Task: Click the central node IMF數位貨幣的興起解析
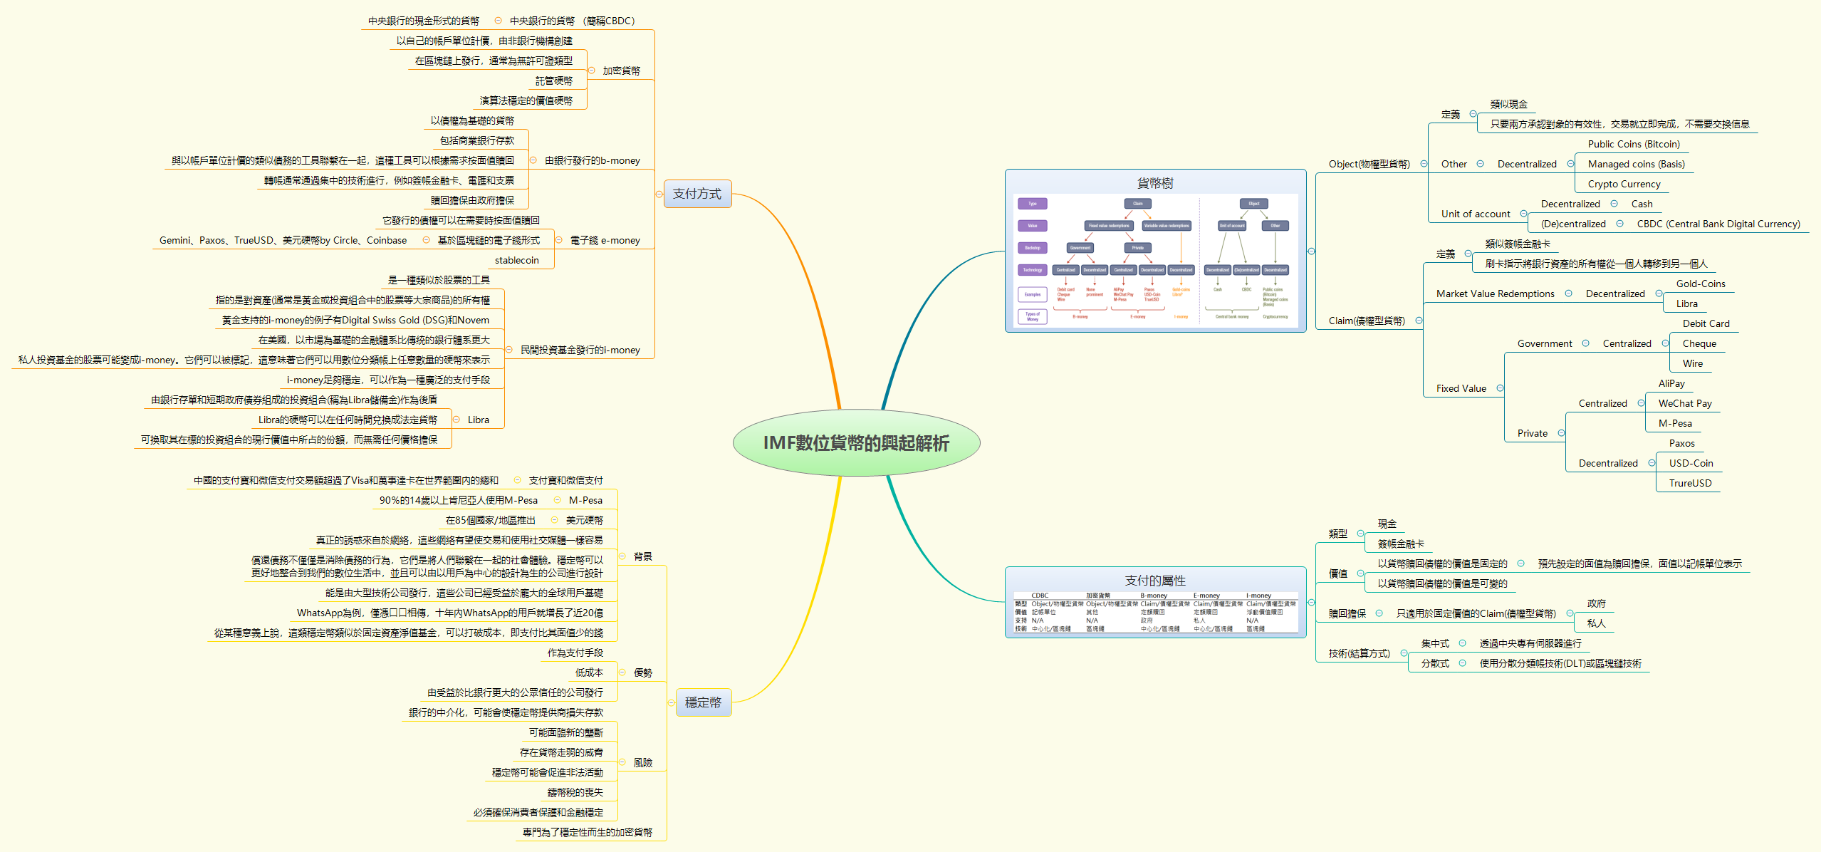[x=856, y=443]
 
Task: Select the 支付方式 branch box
[x=697, y=194]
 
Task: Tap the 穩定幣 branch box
[x=703, y=702]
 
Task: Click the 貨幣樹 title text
[x=1154, y=183]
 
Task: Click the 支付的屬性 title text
[x=1154, y=581]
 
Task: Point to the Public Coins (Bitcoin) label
[x=1633, y=144]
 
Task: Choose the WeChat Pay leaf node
[x=1684, y=403]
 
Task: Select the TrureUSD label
[x=1689, y=483]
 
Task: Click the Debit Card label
[x=1706, y=323]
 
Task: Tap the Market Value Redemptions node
[x=1495, y=293]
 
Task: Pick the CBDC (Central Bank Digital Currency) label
[x=1718, y=224]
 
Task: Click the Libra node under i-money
[x=478, y=420]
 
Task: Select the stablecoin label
[x=516, y=260]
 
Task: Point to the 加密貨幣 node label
[x=621, y=71]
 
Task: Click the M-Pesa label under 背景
[x=585, y=500]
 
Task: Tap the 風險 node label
[x=642, y=762]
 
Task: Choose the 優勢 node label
[x=642, y=672]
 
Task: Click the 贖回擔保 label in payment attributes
[x=1347, y=613]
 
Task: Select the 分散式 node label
[x=1434, y=663]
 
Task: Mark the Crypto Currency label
[x=1623, y=184]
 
